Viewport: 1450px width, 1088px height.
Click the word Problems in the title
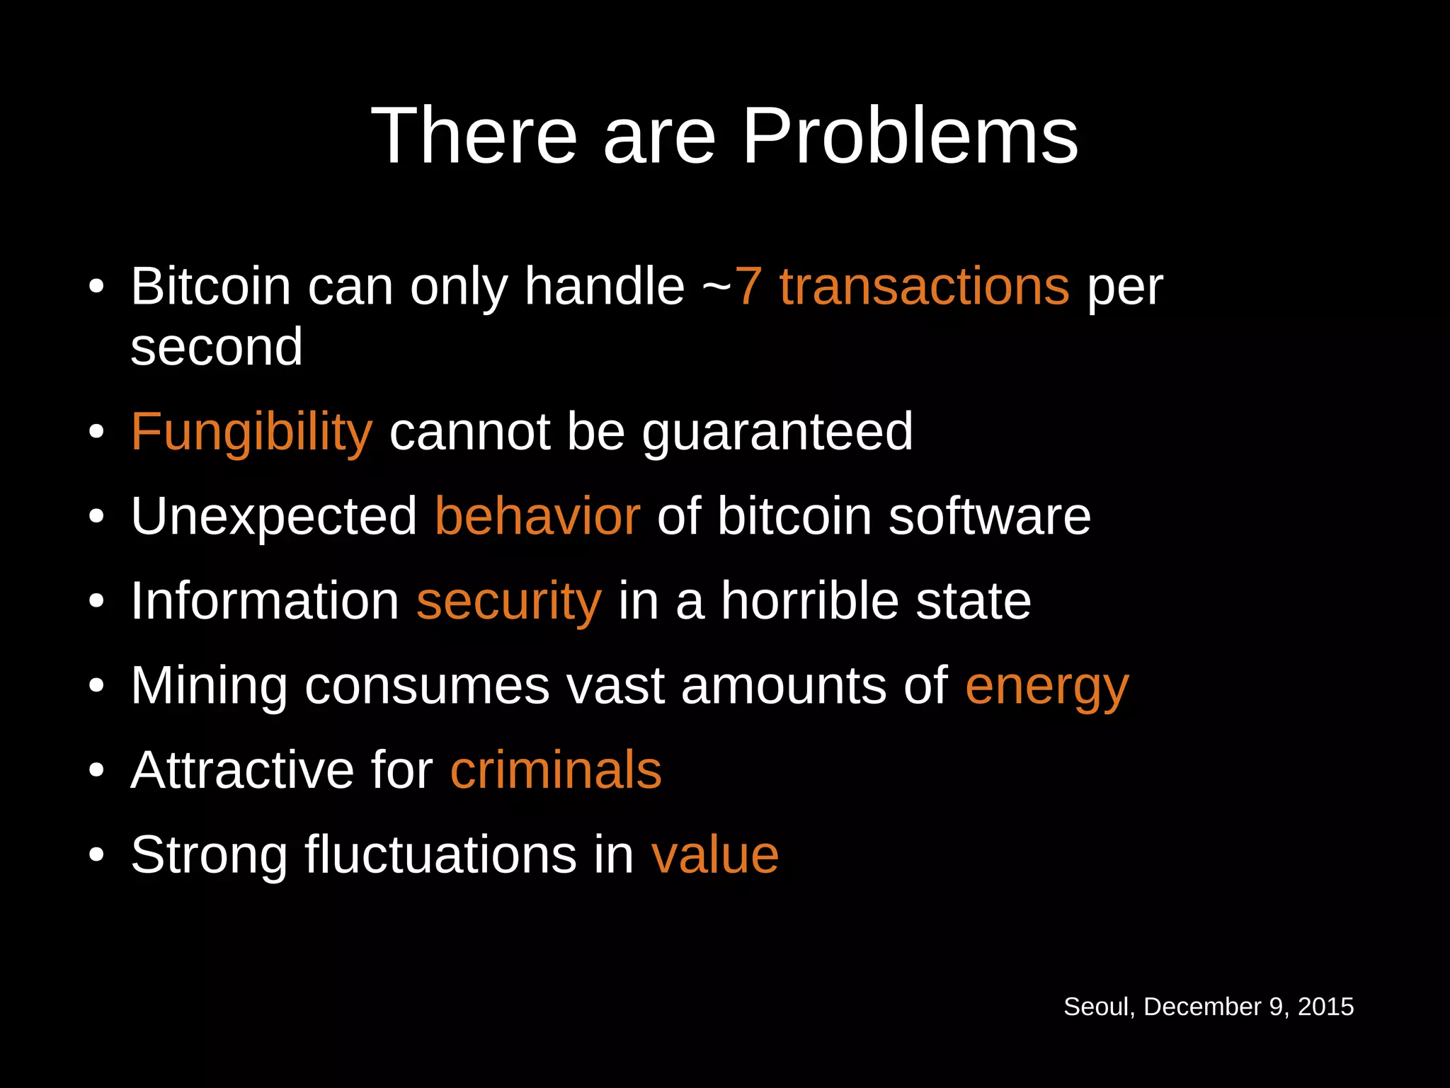(909, 136)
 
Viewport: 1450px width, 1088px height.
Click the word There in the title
(474, 136)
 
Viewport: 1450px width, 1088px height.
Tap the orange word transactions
(924, 287)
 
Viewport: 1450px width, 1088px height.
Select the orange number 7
(748, 287)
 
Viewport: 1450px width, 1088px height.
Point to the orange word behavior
(537, 516)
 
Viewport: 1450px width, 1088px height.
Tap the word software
(989, 516)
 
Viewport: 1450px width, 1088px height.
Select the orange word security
(509, 601)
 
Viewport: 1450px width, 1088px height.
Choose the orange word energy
(1046, 686)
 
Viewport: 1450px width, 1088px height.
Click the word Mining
(209, 686)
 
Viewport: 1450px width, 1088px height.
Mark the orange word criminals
(556, 770)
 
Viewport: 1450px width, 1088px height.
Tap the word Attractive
(242, 770)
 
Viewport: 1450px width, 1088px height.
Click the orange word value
(715, 855)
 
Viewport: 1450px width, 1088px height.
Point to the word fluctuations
(441, 855)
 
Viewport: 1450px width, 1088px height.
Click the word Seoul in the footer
(1098, 1007)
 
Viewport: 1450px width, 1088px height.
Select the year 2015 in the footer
(1325, 1007)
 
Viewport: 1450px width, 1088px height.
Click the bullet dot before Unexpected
(97, 517)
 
